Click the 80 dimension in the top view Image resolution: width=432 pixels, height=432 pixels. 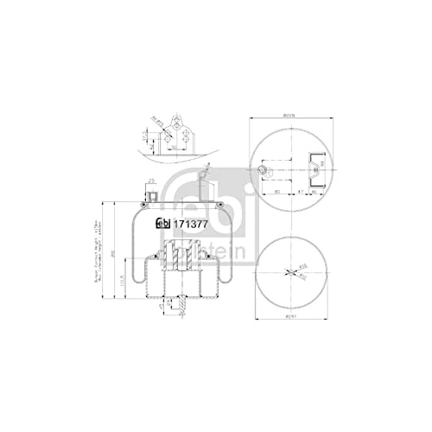[276, 191]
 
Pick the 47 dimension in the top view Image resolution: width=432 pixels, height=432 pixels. [300, 191]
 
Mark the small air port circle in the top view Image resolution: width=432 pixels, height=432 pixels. [260, 168]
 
